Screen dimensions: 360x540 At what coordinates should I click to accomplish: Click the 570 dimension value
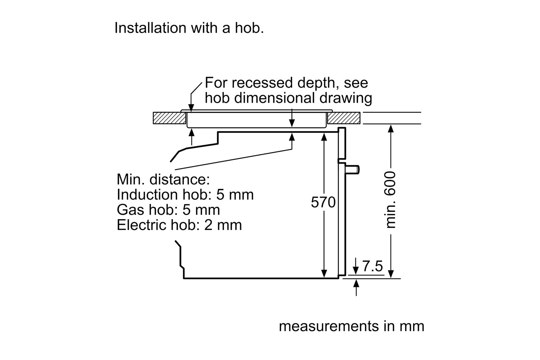(323, 203)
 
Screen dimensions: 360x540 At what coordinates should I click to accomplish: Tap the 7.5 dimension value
(372, 266)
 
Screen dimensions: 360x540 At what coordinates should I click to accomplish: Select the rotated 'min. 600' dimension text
(391, 200)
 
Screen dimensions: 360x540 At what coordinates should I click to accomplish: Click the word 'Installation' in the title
(150, 28)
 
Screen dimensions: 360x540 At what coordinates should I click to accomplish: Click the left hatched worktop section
(169, 118)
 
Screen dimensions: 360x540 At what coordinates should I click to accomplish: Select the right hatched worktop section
(343, 118)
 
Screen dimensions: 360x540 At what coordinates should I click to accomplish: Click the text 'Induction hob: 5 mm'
(185, 195)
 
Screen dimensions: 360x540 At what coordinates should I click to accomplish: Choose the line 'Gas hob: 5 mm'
(168, 210)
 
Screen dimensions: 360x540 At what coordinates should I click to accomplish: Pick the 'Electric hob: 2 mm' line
(179, 225)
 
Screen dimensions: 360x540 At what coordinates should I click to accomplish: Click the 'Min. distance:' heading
(163, 179)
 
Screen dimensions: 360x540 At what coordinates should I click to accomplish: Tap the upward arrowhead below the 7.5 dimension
(356, 284)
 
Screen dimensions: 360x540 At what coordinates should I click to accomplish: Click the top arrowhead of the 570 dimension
(324, 136)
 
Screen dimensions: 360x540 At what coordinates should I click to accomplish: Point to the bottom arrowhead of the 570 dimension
(324, 274)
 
